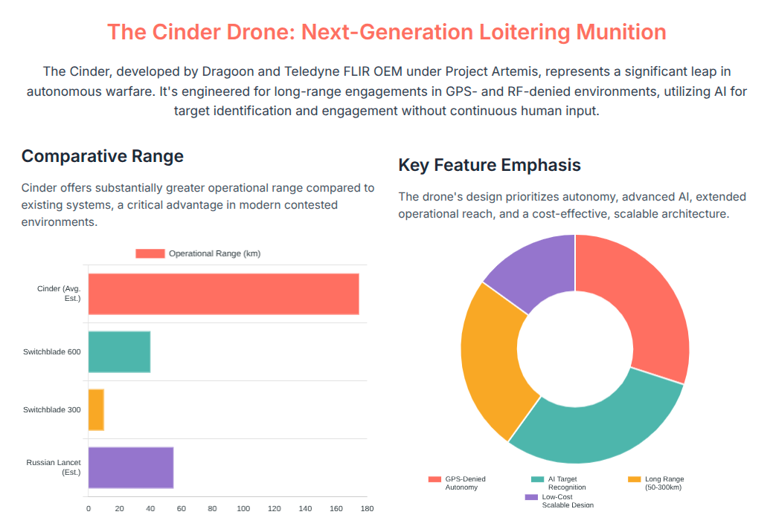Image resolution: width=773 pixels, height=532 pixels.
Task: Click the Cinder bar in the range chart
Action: pyautogui.click(x=223, y=294)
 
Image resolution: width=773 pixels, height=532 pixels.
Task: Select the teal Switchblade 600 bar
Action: pyautogui.click(x=119, y=351)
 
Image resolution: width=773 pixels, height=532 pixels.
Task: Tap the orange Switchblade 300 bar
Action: pyautogui.click(x=96, y=409)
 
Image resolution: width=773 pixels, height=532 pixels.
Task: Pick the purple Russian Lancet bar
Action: pyautogui.click(x=131, y=467)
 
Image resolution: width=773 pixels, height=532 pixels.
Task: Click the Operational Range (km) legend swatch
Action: pyautogui.click(x=150, y=253)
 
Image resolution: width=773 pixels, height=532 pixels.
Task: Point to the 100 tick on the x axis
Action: pyautogui.click(x=243, y=509)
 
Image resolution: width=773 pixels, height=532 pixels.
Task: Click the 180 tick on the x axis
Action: pyautogui.click(x=367, y=509)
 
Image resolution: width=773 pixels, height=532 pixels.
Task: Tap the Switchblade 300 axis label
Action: pyautogui.click(x=52, y=409)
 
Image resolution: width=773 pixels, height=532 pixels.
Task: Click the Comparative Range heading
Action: pyautogui.click(x=102, y=156)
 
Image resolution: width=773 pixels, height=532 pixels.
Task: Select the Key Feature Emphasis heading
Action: pyautogui.click(x=489, y=165)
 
